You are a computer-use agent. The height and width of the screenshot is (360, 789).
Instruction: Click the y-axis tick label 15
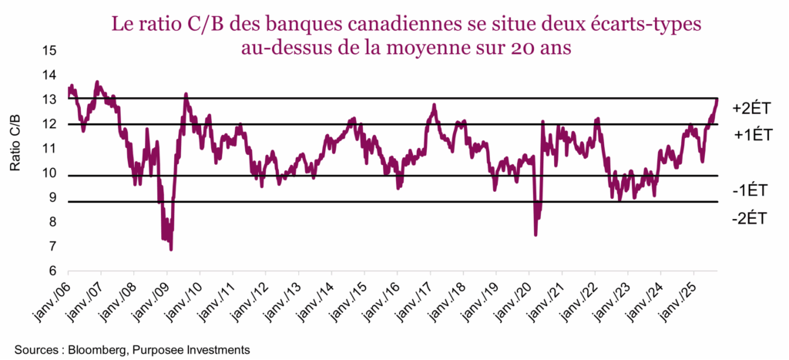point(50,51)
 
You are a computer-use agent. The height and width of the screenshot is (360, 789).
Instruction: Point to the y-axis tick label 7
point(52,247)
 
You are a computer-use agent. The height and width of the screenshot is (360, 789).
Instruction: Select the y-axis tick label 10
point(50,173)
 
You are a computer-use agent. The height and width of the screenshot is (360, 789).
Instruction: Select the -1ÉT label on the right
point(749,190)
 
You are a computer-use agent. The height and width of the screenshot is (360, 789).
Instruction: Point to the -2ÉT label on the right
point(749,218)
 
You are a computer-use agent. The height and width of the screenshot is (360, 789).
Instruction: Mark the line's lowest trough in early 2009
point(171,249)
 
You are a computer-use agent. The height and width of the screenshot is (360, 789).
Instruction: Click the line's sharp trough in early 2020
point(536,234)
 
